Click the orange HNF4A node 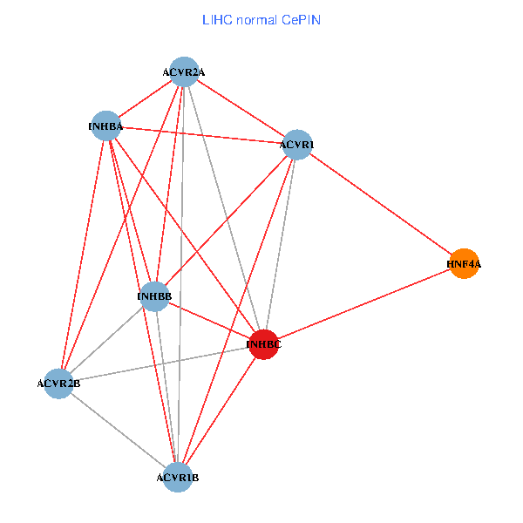(465, 263)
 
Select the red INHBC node (264, 344)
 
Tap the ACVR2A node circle (184, 71)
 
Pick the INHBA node (105, 126)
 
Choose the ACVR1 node (297, 145)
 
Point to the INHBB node (154, 296)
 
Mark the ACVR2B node (59, 384)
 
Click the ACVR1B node (178, 478)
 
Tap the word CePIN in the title (301, 19)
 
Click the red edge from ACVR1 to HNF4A (381, 204)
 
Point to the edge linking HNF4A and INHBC (364, 304)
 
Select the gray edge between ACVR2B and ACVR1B (119, 431)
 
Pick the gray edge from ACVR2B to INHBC (161, 364)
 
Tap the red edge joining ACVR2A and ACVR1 (241, 108)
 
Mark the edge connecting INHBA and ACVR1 (201, 135)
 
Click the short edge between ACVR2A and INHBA (145, 98)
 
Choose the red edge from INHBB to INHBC (209, 321)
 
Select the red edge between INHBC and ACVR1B (221, 411)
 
